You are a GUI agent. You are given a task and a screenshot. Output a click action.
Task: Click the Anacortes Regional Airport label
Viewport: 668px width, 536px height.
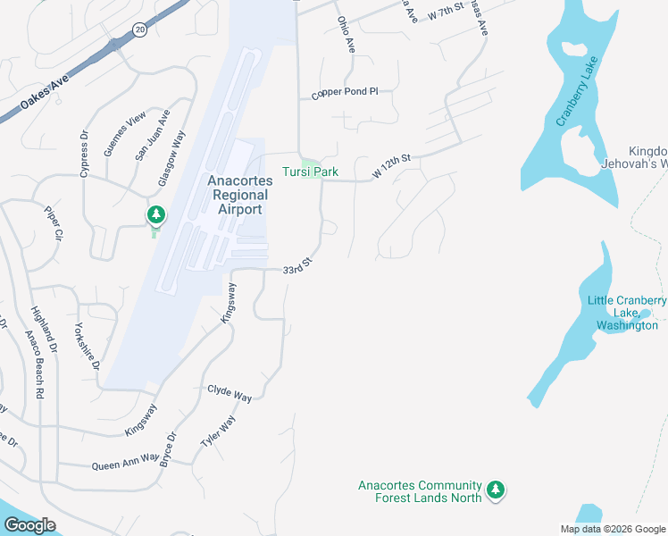(x=236, y=195)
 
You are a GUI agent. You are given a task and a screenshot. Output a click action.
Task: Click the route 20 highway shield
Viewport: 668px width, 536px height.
(x=140, y=29)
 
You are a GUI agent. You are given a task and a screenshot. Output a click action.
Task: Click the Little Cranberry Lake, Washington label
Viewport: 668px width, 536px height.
(x=627, y=313)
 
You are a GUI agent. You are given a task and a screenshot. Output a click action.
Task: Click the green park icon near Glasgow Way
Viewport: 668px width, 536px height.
(x=156, y=214)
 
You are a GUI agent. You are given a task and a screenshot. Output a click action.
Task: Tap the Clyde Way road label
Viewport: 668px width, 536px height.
(x=230, y=392)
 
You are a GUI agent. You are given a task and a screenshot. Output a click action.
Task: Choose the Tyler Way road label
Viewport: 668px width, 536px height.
(x=218, y=435)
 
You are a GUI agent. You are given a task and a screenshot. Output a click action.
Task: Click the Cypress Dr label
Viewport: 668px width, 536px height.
(x=85, y=155)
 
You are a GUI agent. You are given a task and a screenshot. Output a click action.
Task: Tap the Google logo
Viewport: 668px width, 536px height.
(x=29, y=525)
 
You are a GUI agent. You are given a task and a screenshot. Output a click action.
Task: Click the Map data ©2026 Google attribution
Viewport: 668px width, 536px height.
(x=613, y=529)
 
